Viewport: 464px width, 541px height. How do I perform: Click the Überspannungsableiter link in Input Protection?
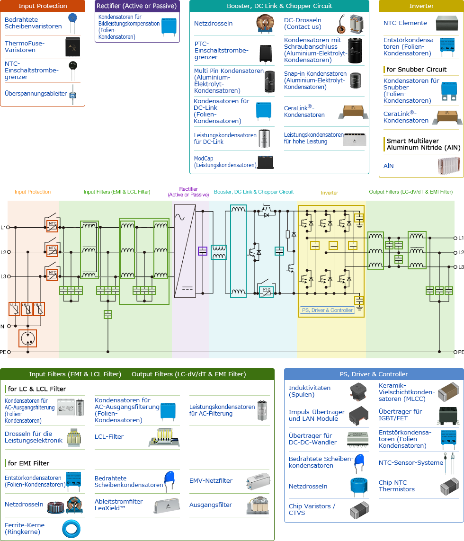pos(36,94)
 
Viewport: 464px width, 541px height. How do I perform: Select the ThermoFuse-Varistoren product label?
pos(25,46)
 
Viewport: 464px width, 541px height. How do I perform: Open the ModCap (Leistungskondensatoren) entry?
pos(225,162)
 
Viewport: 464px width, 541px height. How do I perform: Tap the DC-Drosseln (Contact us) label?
pos(303,23)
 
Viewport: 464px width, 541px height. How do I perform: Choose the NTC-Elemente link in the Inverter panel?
pos(405,23)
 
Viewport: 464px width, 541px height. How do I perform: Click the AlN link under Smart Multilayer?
pos(388,166)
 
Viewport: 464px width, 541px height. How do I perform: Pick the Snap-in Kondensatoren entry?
pos(315,80)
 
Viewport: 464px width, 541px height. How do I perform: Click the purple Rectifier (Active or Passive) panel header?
pos(137,6)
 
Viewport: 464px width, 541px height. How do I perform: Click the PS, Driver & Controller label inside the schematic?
pos(327,310)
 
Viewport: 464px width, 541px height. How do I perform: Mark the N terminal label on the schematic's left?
pos(2,327)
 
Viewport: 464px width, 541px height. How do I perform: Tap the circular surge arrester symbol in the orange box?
pos(28,338)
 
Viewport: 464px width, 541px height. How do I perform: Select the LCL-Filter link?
pos(109,436)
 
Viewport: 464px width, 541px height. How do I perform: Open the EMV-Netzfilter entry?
pos(211,480)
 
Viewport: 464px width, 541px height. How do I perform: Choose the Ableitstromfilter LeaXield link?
pos(118,505)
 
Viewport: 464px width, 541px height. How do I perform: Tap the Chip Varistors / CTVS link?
pos(312,509)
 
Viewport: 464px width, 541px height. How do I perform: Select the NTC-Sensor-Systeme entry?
pos(410,462)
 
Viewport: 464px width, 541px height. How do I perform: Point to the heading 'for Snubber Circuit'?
pos(416,69)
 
